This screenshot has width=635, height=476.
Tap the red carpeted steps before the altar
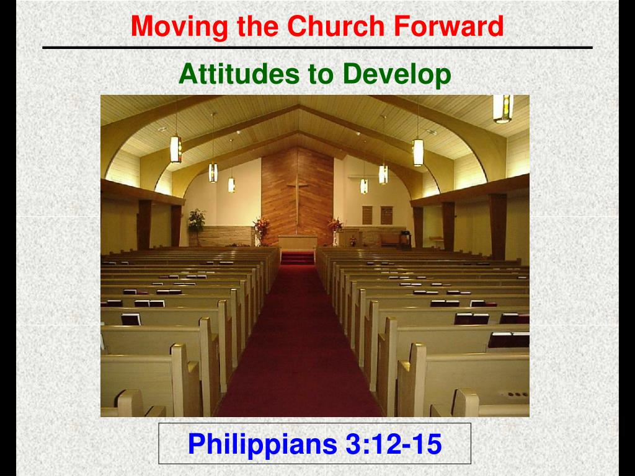coord(298,257)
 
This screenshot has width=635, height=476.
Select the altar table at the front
coord(297,242)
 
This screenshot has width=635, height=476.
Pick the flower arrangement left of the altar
coord(261,228)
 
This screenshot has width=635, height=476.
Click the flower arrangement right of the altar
coord(335,227)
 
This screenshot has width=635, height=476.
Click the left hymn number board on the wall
coord(367,214)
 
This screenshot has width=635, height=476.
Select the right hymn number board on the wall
coord(386,214)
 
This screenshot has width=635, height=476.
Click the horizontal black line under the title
coord(317,48)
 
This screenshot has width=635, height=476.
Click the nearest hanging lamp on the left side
coord(175,149)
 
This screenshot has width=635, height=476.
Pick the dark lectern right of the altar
coord(405,238)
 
